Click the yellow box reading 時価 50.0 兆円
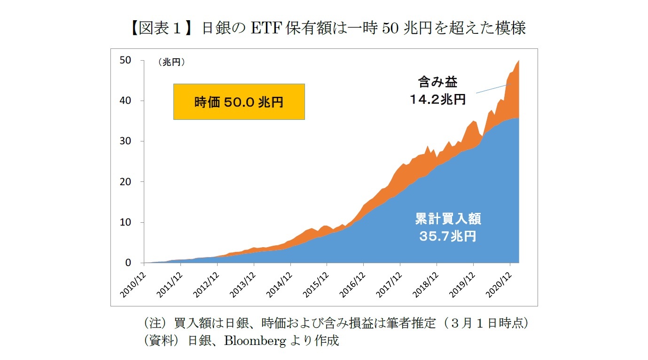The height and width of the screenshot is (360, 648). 239,102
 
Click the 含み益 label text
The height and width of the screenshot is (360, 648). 437,82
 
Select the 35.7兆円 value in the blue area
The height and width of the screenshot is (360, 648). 447,236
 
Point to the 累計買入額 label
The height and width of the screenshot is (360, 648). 448,219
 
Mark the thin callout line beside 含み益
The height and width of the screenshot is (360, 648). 492,88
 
